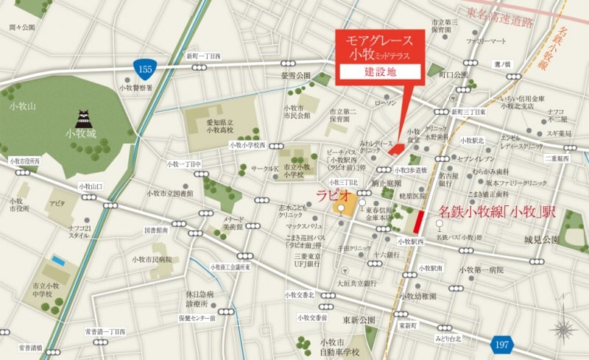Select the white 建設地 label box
(x=379, y=72)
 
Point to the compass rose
(x=565, y=329)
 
